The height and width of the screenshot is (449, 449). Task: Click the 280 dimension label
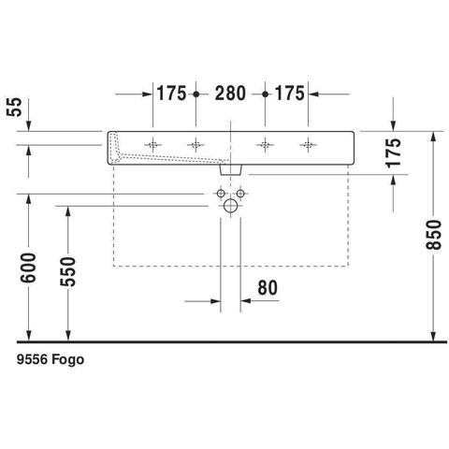coord(230,94)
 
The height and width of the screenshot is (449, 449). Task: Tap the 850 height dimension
coord(434,235)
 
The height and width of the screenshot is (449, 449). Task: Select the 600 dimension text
coord(28,268)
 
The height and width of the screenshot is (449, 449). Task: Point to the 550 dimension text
coord(67,271)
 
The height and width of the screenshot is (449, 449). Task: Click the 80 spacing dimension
coord(268,287)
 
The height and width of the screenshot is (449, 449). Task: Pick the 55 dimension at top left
coord(14,107)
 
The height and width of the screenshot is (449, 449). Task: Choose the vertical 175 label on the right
coord(393,152)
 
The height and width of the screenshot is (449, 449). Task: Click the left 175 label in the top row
coord(171,94)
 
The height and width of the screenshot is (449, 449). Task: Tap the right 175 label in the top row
coord(289,94)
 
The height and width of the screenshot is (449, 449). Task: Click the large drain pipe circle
coord(230,206)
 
